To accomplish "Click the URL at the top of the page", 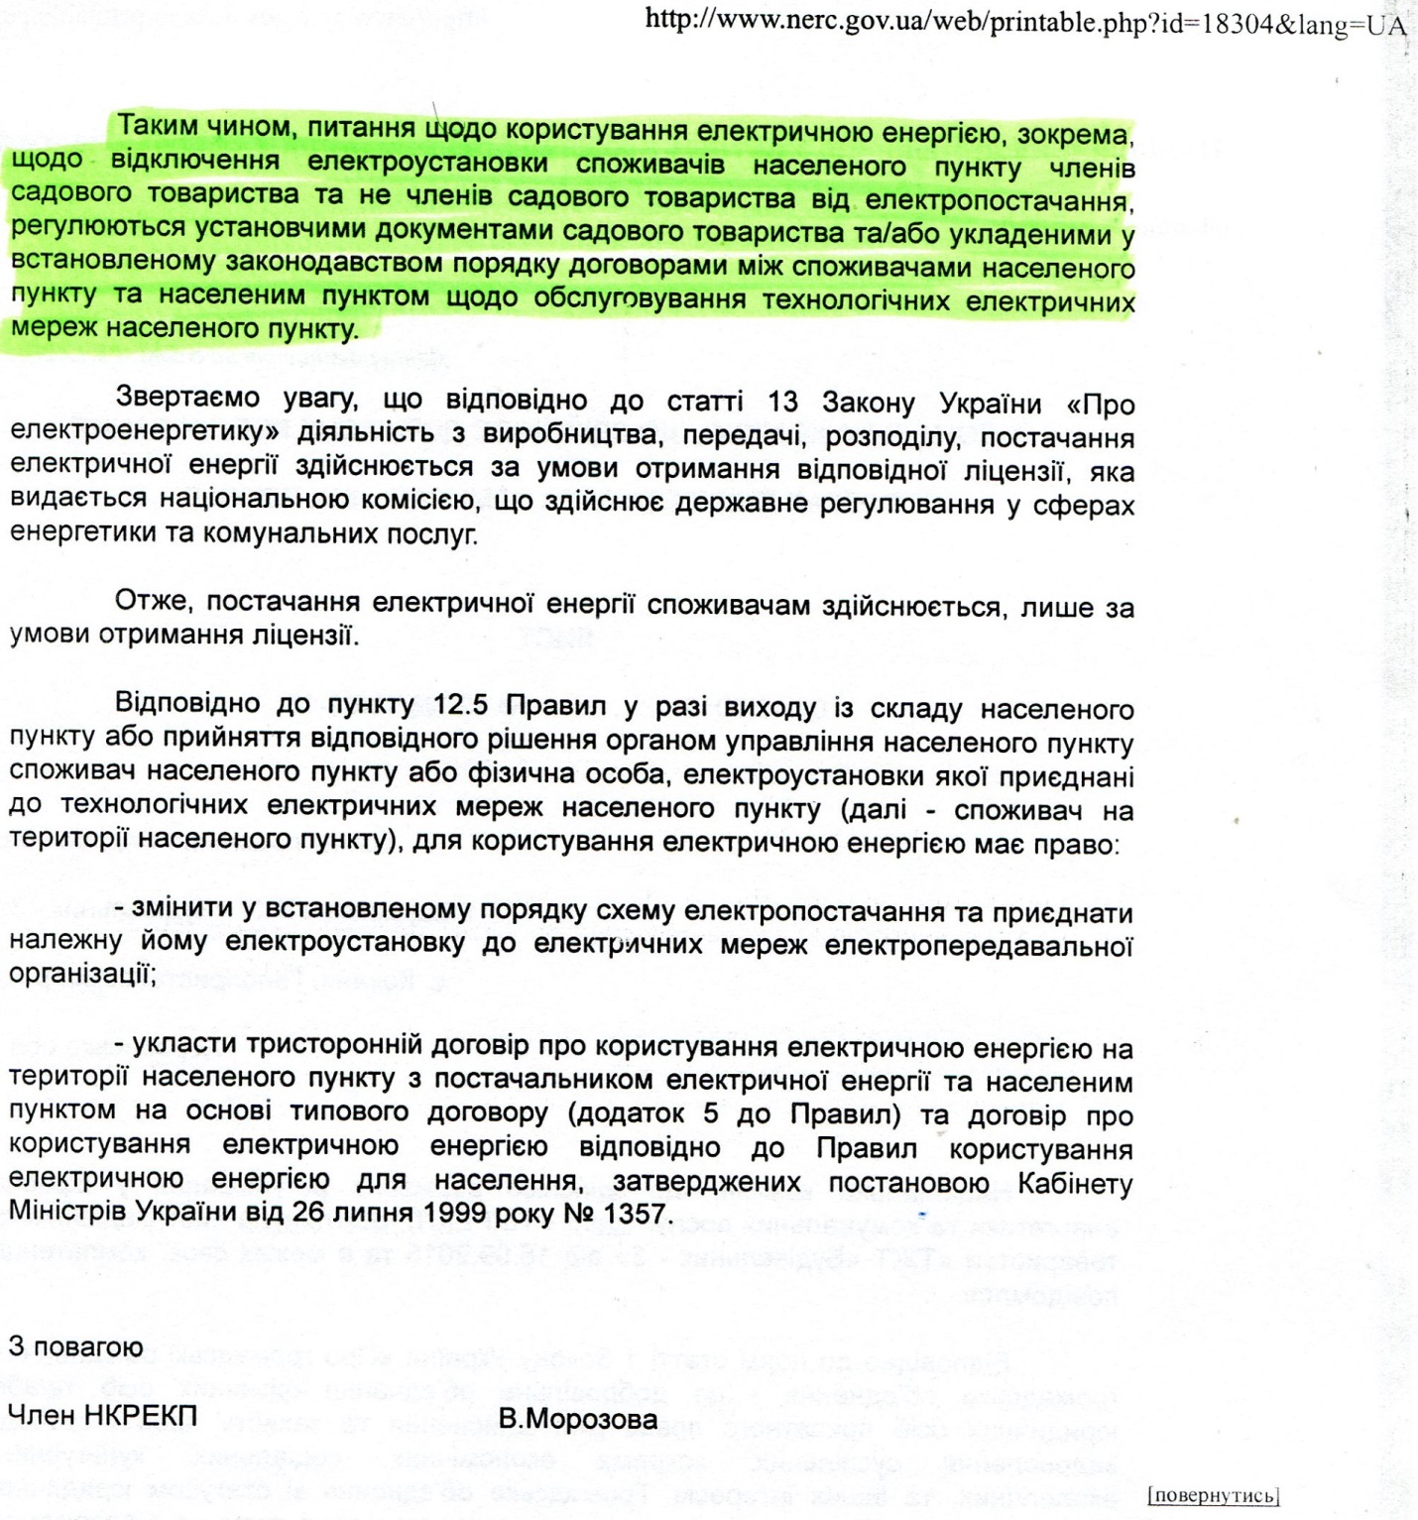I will (1025, 23).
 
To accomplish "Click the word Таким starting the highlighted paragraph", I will (158, 127).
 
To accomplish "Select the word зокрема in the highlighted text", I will (1075, 134).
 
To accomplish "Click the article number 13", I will (782, 403).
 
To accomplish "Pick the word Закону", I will (869, 404).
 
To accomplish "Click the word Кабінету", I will (1075, 1183).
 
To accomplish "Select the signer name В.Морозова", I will (577, 1419).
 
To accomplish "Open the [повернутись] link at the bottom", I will (1213, 1495).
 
